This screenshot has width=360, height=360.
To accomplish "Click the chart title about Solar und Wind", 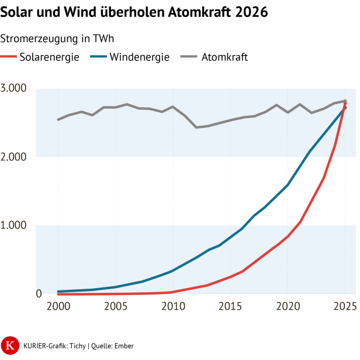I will pos(134,12).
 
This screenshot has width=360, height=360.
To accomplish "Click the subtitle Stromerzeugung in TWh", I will pos(57,39).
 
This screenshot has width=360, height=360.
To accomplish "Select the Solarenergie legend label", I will pos(49,57).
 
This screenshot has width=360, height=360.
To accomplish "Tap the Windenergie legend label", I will pos(139,57).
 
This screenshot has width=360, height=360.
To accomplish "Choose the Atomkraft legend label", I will pos(224,57).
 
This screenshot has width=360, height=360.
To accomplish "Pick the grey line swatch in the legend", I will pos(188,57).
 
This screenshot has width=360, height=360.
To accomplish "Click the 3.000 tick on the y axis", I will pos(22,89).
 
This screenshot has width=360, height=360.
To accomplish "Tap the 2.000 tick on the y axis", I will pos(22,157).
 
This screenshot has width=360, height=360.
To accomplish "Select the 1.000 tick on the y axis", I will pos(22,226).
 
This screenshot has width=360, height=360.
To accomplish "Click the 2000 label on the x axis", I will pos(58,307).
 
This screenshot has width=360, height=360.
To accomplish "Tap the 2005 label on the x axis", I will pos(115,307).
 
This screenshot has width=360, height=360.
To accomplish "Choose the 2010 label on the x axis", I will pos(172,307).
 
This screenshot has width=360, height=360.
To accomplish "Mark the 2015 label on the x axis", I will pos(230,307).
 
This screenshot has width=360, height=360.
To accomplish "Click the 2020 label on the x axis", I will pos(288,307).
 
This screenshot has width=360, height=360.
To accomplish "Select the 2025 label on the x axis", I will pos(344,307).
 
